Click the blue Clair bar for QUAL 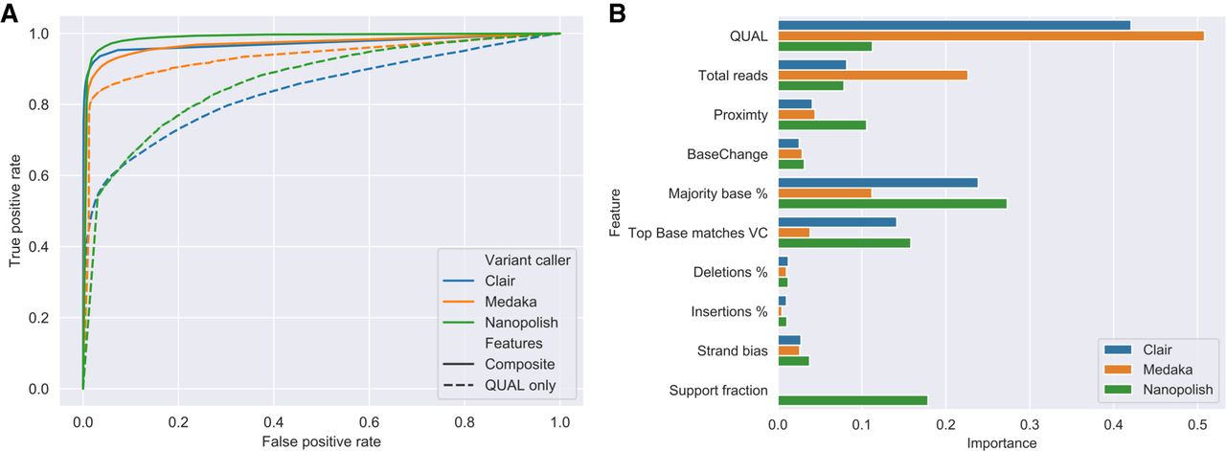pyautogui.click(x=954, y=25)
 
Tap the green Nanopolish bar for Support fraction pyautogui.click(x=852, y=400)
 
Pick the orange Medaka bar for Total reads pyautogui.click(x=873, y=75)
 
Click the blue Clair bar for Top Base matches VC pyautogui.click(x=837, y=221)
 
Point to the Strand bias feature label pyautogui.click(x=733, y=350)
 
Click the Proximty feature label pyautogui.click(x=740, y=115)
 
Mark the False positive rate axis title pyautogui.click(x=322, y=441)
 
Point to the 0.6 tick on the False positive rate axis pyautogui.click(x=369, y=421)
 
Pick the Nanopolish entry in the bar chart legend pyautogui.click(x=1174, y=389)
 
